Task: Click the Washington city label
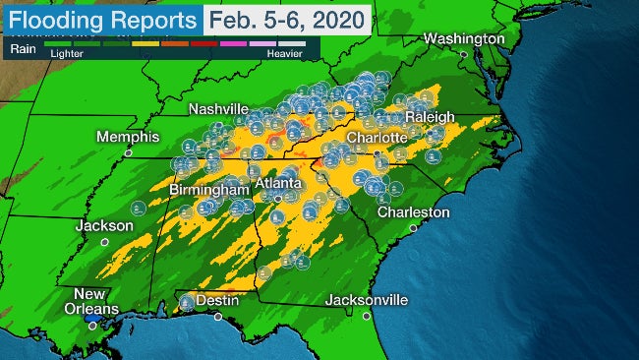[464, 38]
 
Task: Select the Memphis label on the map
[128, 137]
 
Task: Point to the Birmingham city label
[205, 188]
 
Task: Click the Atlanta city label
[278, 184]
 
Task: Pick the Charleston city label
[416, 211]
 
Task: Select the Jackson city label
[104, 225]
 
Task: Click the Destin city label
[216, 299]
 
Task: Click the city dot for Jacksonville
[366, 316]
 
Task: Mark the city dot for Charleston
[414, 227]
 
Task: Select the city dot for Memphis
[128, 153]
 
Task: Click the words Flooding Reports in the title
[101, 19]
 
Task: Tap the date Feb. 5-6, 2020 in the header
[287, 19]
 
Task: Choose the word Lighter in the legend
[65, 54]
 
